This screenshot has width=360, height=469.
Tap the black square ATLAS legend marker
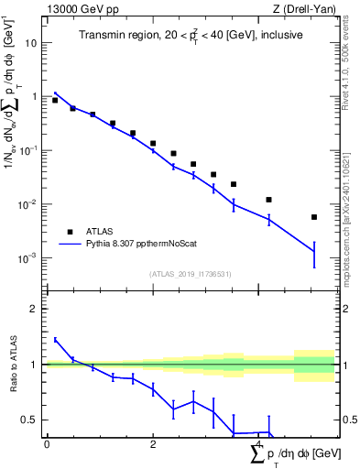[x=68, y=232]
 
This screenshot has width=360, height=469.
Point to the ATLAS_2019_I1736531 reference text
[x=191, y=274]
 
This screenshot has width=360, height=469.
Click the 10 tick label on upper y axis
[x=29, y=42]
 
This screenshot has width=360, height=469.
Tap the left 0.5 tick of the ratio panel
[x=33, y=420]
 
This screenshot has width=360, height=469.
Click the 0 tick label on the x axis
[x=47, y=443]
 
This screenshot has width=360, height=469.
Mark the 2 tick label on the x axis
[x=152, y=443]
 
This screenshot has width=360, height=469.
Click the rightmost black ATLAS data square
[x=314, y=217]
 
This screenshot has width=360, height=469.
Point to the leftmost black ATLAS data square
[x=55, y=101]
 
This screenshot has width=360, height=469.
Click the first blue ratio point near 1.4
[x=55, y=340]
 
